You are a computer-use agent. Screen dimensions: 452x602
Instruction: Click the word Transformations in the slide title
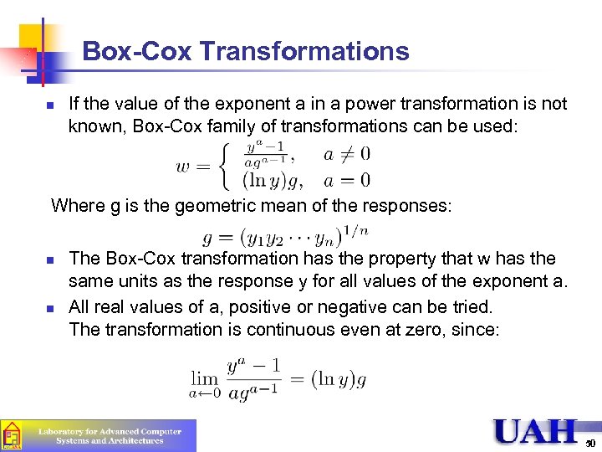[x=305, y=52]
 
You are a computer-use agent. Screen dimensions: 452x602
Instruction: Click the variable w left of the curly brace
[x=184, y=167]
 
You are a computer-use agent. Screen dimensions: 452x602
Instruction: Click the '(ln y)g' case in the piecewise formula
[x=272, y=180]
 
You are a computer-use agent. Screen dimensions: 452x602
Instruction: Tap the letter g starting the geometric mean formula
[x=207, y=239]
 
